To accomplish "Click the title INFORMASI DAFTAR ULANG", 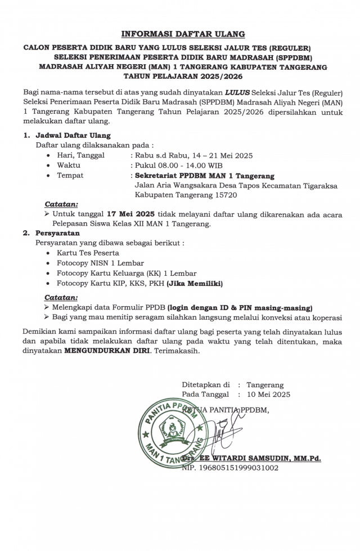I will [x=183, y=34].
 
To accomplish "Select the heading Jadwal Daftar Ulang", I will [x=73, y=136].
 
